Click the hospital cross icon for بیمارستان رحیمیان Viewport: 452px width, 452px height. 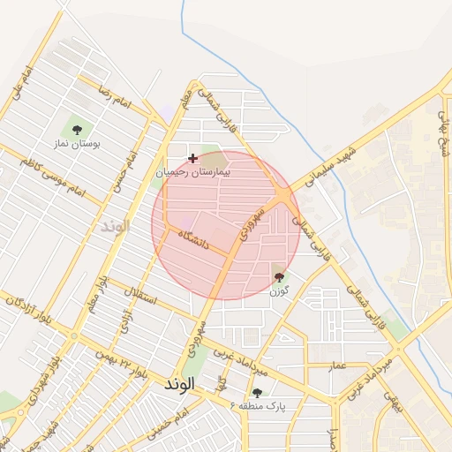[x=192, y=159]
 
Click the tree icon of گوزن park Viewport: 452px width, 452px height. [x=279, y=277]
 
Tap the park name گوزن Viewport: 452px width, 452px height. [x=279, y=290]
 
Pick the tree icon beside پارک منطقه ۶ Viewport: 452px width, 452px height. [x=257, y=393]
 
